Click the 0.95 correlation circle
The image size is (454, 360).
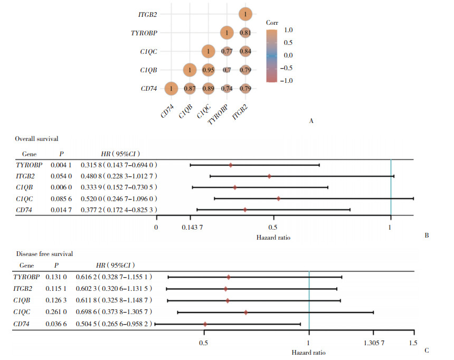click(x=208, y=70)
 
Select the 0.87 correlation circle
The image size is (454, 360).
click(x=190, y=89)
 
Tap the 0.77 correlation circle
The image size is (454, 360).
click(x=226, y=52)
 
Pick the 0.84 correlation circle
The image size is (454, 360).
click(x=244, y=52)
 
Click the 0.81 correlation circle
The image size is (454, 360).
click(x=244, y=33)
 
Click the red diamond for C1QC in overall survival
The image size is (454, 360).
click(x=278, y=198)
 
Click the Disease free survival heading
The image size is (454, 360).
click(x=44, y=253)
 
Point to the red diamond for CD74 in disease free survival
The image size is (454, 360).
click(x=205, y=324)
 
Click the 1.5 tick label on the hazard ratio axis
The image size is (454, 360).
click(x=413, y=342)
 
